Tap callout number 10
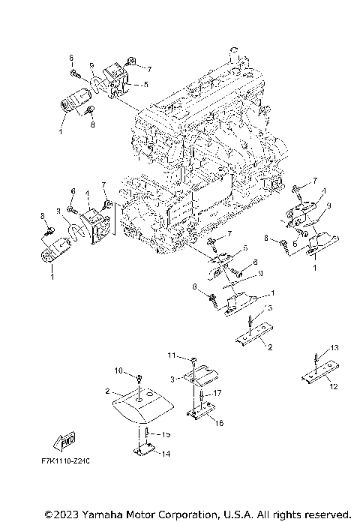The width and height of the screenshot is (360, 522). (118, 370)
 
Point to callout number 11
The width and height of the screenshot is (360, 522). (171, 354)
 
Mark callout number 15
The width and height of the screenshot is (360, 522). (166, 434)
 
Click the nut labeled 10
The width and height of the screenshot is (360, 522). (139, 375)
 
